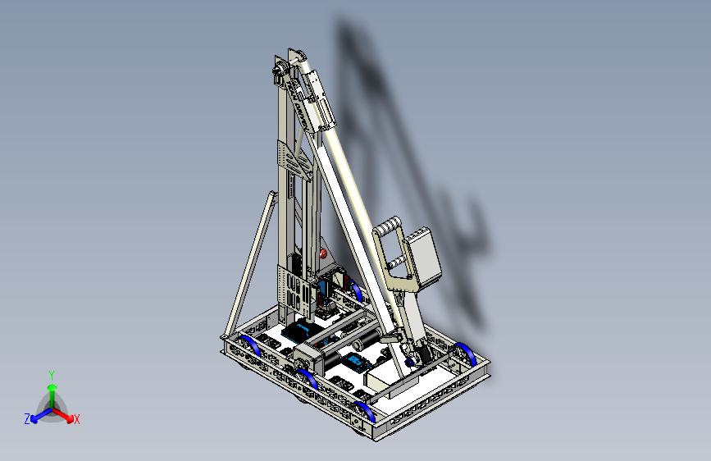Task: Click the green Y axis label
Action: tap(52, 375)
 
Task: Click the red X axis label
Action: tap(76, 419)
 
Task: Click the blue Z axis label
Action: tap(27, 419)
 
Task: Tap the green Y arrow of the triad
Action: tap(52, 397)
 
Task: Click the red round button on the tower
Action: tap(323, 253)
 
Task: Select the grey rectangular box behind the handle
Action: tap(423, 257)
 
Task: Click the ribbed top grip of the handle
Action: tap(388, 226)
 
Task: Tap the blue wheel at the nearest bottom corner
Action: tap(366, 411)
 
